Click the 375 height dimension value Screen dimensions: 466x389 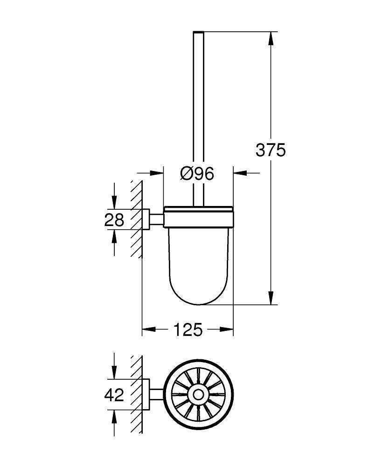point(270,150)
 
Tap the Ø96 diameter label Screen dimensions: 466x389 point(197,173)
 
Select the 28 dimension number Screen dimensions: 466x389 point(114,219)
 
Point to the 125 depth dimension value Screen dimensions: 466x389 point(188,329)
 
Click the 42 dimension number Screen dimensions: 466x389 point(114,395)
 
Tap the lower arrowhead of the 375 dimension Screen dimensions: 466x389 point(270,298)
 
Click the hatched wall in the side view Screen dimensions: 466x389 point(136,219)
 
